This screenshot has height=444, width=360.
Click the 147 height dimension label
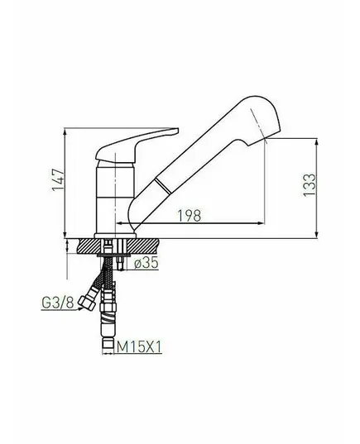(59, 179)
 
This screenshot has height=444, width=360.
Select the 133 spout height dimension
(310, 184)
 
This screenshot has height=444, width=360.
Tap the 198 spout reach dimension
(190, 216)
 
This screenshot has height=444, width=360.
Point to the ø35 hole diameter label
(146, 263)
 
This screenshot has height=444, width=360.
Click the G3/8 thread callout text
(58, 303)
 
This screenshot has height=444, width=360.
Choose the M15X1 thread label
(138, 346)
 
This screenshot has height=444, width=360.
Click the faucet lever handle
(137, 145)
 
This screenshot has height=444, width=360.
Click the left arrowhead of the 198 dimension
(120, 223)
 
